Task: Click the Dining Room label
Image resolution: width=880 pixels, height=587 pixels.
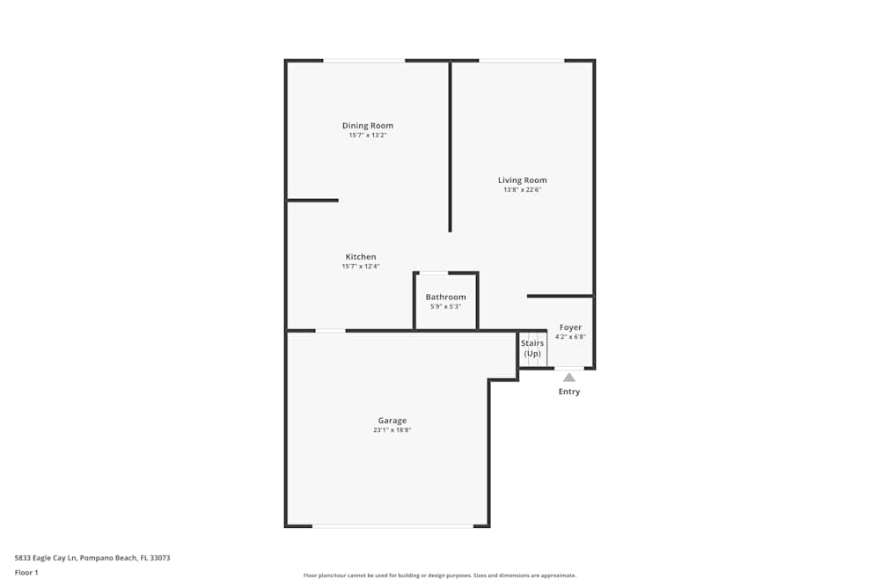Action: (x=368, y=126)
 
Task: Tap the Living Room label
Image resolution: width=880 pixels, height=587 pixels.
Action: (x=522, y=180)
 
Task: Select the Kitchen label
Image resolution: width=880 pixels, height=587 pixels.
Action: (x=360, y=256)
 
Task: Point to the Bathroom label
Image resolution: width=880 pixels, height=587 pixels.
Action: (x=445, y=297)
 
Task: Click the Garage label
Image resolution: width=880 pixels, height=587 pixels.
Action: (x=392, y=421)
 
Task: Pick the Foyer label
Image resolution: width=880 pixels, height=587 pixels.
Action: (x=570, y=327)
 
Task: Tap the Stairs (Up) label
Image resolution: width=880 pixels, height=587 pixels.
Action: (x=532, y=348)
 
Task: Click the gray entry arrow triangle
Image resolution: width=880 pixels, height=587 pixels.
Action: (x=569, y=378)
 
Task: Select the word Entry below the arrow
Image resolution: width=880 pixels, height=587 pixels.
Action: (x=569, y=391)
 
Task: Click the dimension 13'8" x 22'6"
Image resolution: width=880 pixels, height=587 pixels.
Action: (x=522, y=190)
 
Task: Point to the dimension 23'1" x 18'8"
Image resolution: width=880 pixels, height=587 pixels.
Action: (x=392, y=429)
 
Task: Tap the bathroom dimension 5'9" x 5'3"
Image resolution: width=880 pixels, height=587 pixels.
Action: (x=445, y=306)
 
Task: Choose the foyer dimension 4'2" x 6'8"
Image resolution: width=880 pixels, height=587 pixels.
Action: (x=570, y=337)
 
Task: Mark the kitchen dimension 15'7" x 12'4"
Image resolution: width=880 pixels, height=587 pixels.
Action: (x=360, y=266)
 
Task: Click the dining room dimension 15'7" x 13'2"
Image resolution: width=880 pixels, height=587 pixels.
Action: (x=368, y=135)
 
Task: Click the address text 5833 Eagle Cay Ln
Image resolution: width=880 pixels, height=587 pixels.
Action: (x=45, y=558)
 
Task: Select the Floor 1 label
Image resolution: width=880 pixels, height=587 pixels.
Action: (x=26, y=572)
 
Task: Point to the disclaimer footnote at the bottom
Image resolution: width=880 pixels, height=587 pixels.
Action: (x=439, y=576)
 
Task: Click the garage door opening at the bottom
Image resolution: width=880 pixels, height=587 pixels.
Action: (x=392, y=525)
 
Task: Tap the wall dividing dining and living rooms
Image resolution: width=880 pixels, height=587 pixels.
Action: (x=450, y=146)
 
